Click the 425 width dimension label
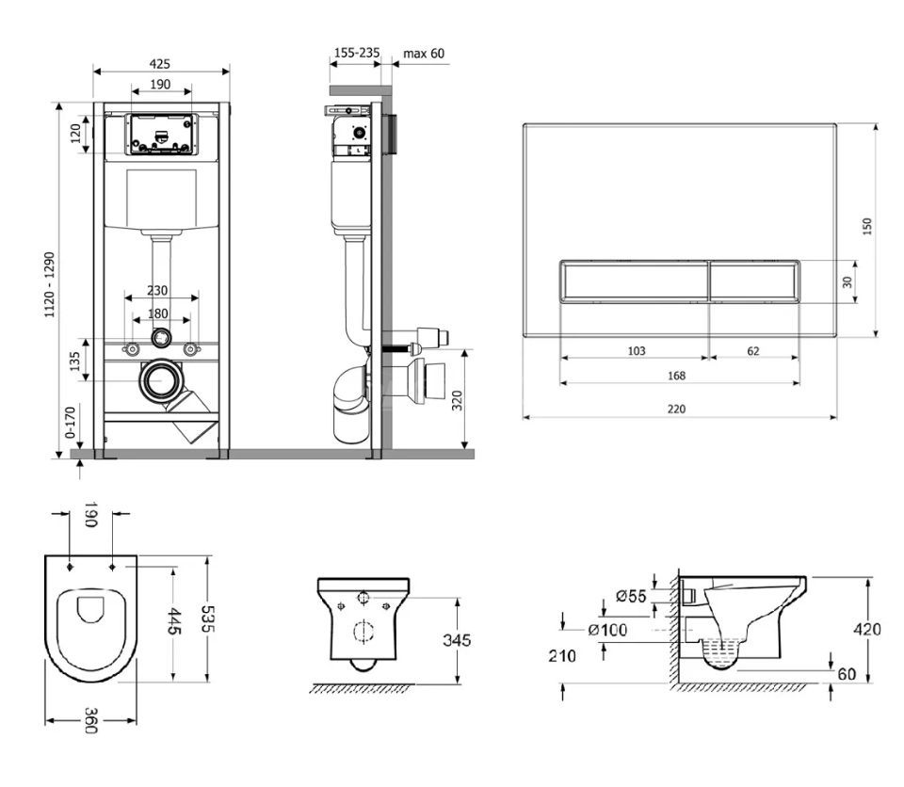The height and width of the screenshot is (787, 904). [x=160, y=63]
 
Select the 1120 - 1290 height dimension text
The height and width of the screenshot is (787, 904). [x=50, y=284]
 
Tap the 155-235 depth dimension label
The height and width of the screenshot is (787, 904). [x=357, y=53]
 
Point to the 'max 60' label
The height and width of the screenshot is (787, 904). [x=424, y=54]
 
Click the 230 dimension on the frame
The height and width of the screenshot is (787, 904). [x=157, y=290]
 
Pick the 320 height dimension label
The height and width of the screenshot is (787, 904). [x=457, y=400]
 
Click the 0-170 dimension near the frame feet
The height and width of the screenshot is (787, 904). [x=70, y=423]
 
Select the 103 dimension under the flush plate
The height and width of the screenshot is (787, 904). [x=636, y=350]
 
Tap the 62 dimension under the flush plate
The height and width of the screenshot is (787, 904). [x=753, y=350]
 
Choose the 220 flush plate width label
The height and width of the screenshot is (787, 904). [x=676, y=409]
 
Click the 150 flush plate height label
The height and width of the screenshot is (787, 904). [x=867, y=226]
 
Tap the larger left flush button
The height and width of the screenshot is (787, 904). [x=634, y=281]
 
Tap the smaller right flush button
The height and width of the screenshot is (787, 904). [x=754, y=281]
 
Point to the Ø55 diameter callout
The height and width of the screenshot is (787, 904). [x=631, y=596]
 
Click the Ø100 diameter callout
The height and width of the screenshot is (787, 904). [x=607, y=630]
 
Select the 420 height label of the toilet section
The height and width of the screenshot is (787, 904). [x=867, y=629]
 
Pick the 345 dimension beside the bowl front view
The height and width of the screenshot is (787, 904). [x=457, y=640]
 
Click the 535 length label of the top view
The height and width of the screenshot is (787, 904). [x=207, y=618]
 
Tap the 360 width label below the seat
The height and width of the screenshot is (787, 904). [x=91, y=720]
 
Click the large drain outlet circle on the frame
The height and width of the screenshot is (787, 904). [x=161, y=380]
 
